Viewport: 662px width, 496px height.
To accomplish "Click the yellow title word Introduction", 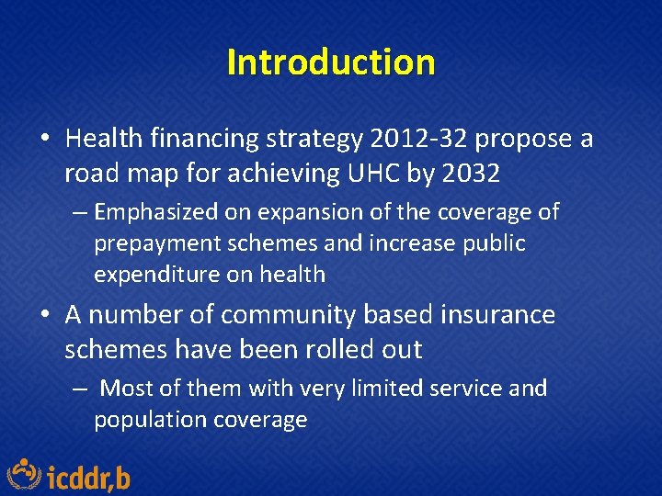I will (x=330, y=62).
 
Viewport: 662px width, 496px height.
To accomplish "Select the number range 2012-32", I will (x=417, y=139).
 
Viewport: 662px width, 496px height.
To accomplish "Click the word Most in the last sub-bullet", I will (x=127, y=389).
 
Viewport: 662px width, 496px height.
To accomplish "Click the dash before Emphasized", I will (x=80, y=213).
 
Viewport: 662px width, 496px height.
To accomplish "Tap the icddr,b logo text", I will (x=88, y=478).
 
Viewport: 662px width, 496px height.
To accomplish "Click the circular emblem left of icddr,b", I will (x=25, y=474).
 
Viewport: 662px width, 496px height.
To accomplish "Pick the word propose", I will (x=521, y=139).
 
